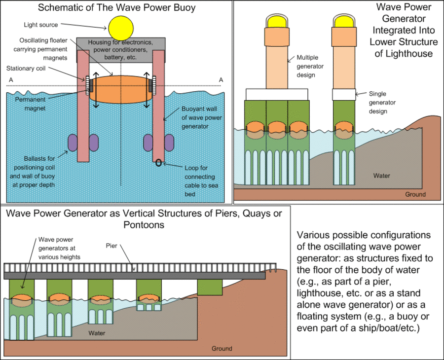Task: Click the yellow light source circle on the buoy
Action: tap(121, 28)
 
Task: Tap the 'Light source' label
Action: tap(41, 25)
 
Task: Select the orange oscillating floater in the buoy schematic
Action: tap(121, 90)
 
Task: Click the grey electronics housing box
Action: tap(121, 49)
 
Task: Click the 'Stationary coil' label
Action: tap(27, 69)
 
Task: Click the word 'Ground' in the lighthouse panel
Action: tap(415, 194)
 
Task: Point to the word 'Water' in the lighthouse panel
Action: tap(381, 176)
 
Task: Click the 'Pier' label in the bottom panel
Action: tap(112, 245)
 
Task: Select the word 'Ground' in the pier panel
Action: tap(222, 349)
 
